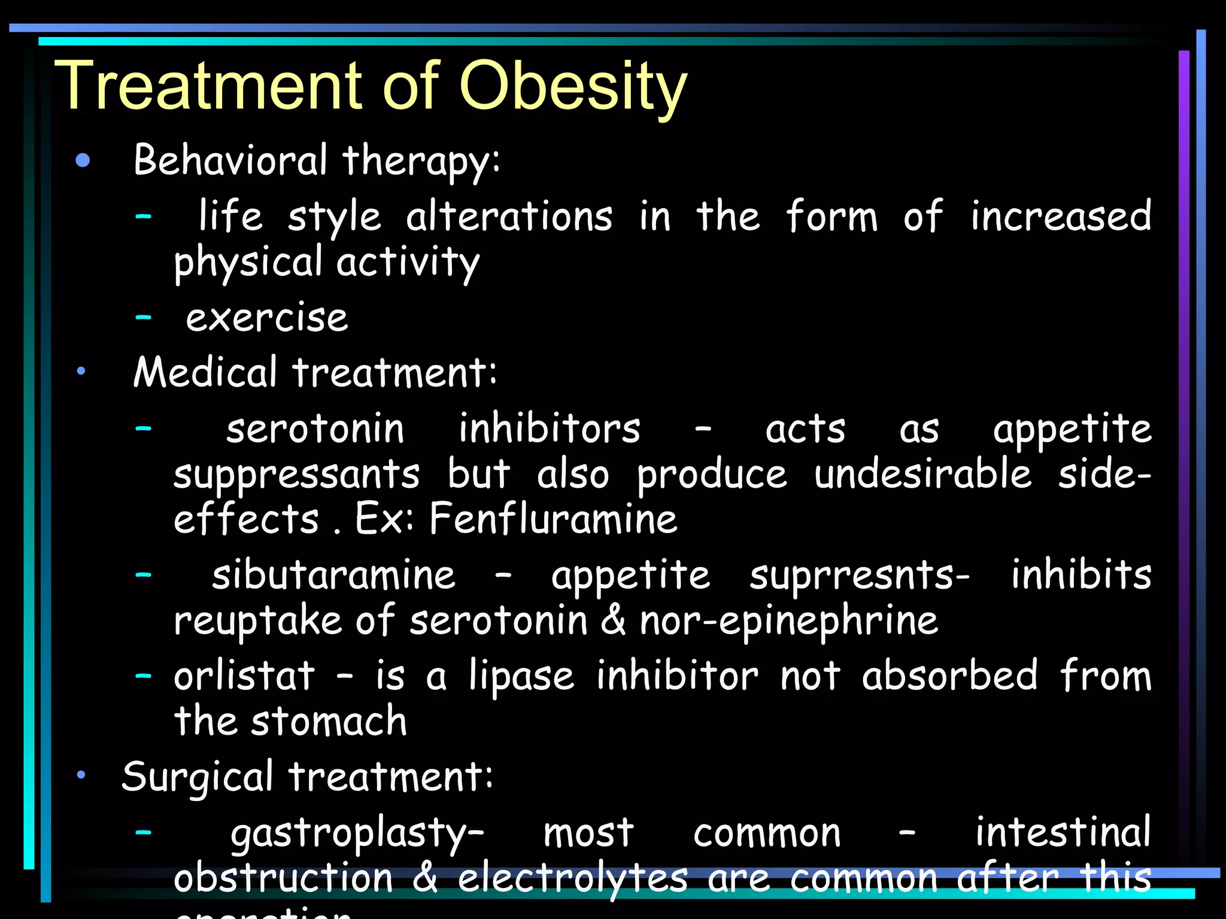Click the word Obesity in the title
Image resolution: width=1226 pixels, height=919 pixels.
573,87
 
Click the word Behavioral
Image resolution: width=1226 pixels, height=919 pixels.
230,160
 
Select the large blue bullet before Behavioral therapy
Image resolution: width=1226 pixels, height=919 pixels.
83,160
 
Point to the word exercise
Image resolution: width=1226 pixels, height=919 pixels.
267,318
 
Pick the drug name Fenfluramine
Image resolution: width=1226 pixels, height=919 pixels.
553,518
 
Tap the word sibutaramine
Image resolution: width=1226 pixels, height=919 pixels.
333,575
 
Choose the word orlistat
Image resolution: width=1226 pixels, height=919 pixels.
244,676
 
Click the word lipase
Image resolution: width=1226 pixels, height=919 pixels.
521,676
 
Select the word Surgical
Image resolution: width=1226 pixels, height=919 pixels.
198,777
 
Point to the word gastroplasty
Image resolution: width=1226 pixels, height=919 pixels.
356,833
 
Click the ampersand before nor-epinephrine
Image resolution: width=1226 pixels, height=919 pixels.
613,620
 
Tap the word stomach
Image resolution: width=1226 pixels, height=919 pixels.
329,721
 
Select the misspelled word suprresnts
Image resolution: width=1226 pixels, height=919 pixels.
859,575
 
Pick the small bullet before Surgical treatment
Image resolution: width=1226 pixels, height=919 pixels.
81,775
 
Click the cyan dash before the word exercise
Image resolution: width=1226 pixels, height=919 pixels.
144,318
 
